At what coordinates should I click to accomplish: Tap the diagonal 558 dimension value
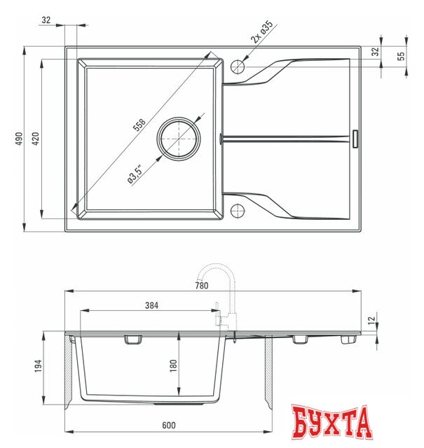(139, 125)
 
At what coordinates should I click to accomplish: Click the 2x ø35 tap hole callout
(259, 34)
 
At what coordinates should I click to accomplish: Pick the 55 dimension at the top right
(401, 57)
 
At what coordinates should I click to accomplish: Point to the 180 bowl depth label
(172, 364)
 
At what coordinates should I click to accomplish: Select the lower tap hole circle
(238, 210)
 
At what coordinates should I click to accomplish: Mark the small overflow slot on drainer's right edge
(356, 139)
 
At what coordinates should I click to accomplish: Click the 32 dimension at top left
(46, 20)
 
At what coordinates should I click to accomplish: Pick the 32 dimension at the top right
(374, 52)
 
